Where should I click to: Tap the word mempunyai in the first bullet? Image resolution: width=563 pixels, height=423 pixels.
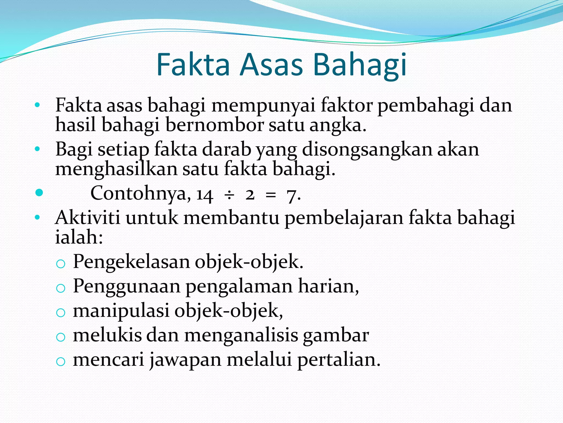coord(263,105)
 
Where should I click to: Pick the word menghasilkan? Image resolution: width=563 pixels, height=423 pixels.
coord(116,169)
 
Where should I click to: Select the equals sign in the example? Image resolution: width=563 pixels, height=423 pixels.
coord(271,195)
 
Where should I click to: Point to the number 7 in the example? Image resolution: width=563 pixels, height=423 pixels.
coord(291,196)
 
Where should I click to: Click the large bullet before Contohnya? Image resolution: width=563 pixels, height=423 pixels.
coord(39,192)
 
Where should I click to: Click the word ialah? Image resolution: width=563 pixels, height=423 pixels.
coord(79,237)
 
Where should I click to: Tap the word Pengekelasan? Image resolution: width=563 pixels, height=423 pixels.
coord(131,262)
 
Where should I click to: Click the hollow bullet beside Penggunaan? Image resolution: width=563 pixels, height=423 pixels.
coord(60,288)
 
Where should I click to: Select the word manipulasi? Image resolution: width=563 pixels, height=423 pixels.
coord(121,311)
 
